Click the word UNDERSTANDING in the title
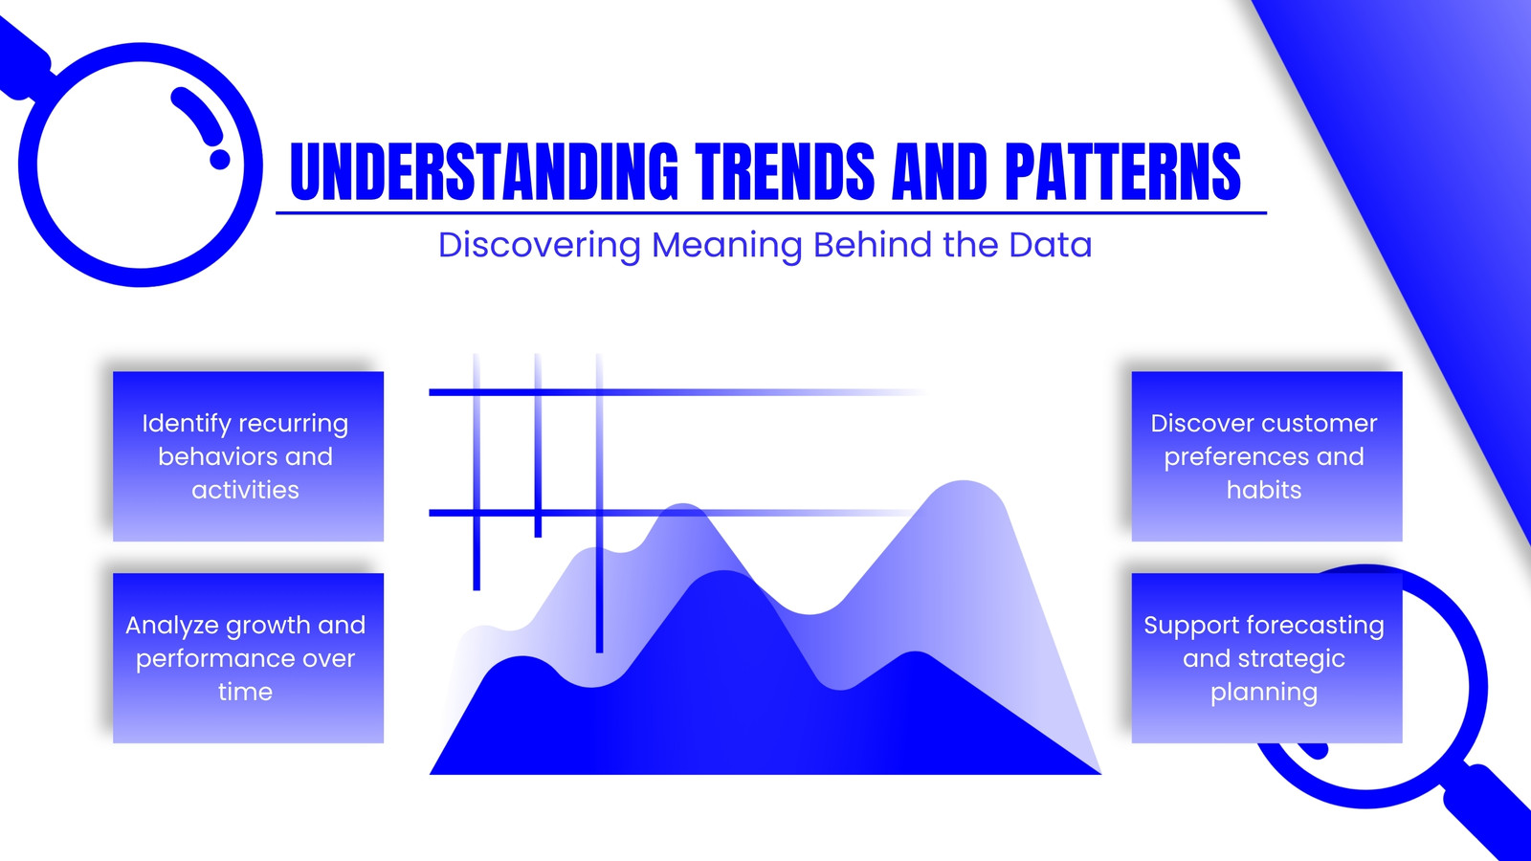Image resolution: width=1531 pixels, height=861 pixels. click(x=484, y=171)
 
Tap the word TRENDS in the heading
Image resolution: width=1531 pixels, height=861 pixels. click(x=785, y=171)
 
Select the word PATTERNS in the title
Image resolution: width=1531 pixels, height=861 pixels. click(x=1122, y=171)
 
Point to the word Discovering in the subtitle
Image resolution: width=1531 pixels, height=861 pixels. click(x=540, y=245)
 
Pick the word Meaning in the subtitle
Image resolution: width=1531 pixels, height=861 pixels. click(x=726, y=245)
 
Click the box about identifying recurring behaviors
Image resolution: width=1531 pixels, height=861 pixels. click(x=248, y=456)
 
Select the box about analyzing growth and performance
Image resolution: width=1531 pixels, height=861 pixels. click(x=248, y=658)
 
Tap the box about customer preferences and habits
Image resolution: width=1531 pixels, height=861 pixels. click(x=1267, y=456)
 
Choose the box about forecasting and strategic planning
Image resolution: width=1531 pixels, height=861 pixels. click(x=1267, y=658)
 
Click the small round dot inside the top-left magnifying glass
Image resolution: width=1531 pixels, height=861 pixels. click(x=219, y=159)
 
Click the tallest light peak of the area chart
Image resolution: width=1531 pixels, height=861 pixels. click(x=964, y=482)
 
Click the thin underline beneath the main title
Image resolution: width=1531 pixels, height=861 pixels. click(x=771, y=213)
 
